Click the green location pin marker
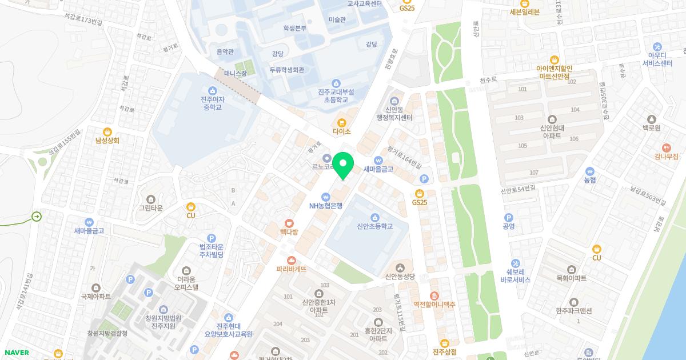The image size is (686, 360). pyautogui.click(x=343, y=166)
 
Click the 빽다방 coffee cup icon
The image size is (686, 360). pyautogui.click(x=289, y=223)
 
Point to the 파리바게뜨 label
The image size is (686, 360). pyautogui.click(x=292, y=269)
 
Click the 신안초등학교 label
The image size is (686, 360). pyautogui.click(x=374, y=226)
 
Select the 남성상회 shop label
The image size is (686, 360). pyautogui.click(x=107, y=140)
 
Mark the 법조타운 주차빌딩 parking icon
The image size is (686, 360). pyautogui.click(x=211, y=238)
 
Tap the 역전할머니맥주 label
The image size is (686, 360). pyautogui.click(x=434, y=305)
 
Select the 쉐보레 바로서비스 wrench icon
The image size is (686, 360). pyautogui.click(x=516, y=263)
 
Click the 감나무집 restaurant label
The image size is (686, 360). pyautogui.click(x=667, y=156)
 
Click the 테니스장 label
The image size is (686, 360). pyautogui.click(x=234, y=73)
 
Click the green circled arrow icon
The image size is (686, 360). pyautogui.click(x=37, y=217)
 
